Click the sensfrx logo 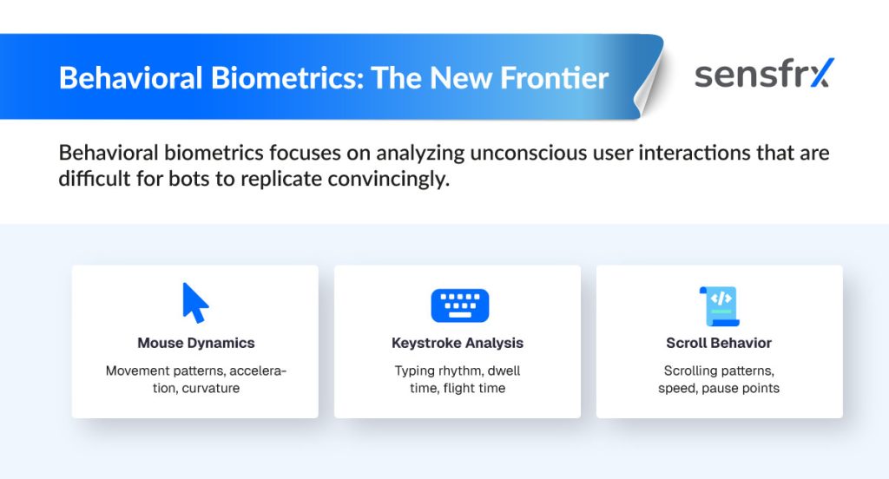click(764, 75)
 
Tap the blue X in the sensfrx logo click(822, 73)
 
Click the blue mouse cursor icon click(195, 303)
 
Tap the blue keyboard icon click(460, 305)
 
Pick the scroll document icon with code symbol click(720, 306)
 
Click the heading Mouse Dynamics click(196, 343)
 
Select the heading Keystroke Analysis click(458, 343)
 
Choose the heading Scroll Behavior click(719, 343)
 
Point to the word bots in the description click(188, 179)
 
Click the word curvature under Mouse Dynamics click(211, 388)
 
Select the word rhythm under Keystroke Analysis click(452, 371)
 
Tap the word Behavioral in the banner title click(131, 77)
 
